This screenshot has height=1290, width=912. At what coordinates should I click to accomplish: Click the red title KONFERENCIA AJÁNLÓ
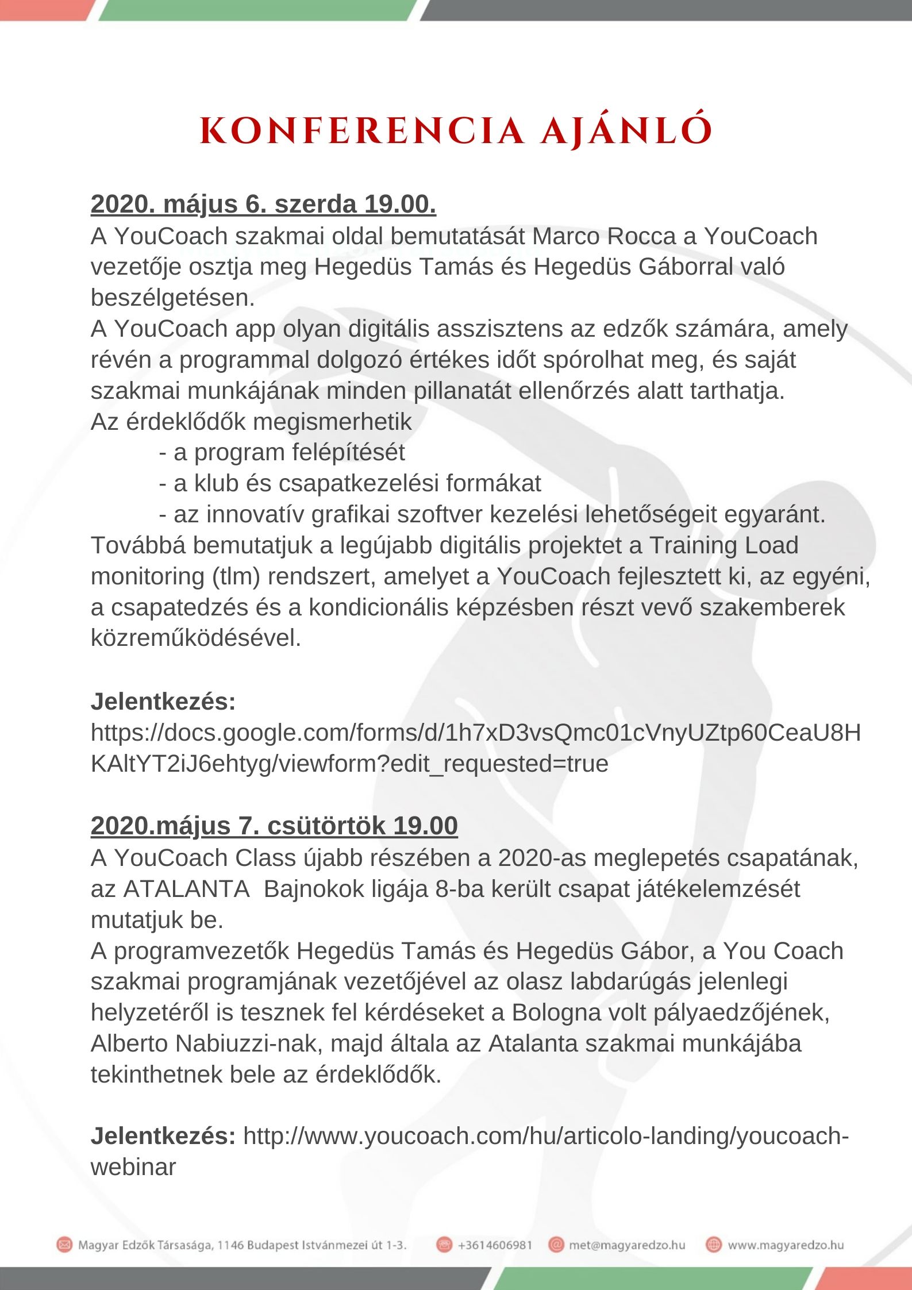click(x=456, y=130)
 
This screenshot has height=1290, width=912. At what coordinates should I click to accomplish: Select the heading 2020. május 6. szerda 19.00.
click(x=263, y=205)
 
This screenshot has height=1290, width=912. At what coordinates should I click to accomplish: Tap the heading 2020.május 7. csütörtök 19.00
click(x=274, y=826)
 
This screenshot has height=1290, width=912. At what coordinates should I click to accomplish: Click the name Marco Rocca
click(x=604, y=236)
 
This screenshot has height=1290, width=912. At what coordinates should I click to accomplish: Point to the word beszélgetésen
click(x=172, y=298)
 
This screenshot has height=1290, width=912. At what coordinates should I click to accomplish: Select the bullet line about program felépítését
click(x=282, y=452)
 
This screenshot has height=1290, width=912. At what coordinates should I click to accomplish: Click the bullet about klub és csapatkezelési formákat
click(x=349, y=483)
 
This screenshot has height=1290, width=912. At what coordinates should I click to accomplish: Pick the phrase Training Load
click(x=724, y=545)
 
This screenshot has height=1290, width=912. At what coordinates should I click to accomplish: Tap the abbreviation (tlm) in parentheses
click(x=236, y=576)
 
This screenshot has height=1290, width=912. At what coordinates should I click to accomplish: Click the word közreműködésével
click(x=196, y=638)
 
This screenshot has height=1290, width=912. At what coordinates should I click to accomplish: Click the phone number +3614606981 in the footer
click(x=495, y=1245)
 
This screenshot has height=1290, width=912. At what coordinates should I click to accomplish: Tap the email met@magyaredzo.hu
click(x=627, y=1245)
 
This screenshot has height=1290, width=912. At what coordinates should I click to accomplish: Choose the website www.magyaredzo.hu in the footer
click(x=786, y=1245)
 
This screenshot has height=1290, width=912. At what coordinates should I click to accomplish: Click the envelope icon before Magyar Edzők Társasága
click(x=64, y=1245)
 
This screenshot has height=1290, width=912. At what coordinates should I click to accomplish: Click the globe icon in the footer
click(x=713, y=1245)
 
